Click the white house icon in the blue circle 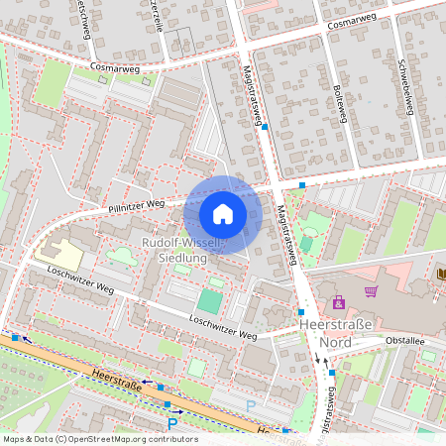[x=223, y=213]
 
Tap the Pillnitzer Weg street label [x=136, y=205]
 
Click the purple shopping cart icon [x=371, y=291]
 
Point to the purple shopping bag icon [x=339, y=302]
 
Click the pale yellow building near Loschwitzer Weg [x=59, y=254]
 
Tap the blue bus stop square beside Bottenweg [x=302, y=185]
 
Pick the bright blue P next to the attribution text [x=172, y=424]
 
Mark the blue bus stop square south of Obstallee [x=333, y=373]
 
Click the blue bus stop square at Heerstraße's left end [x=15, y=337]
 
